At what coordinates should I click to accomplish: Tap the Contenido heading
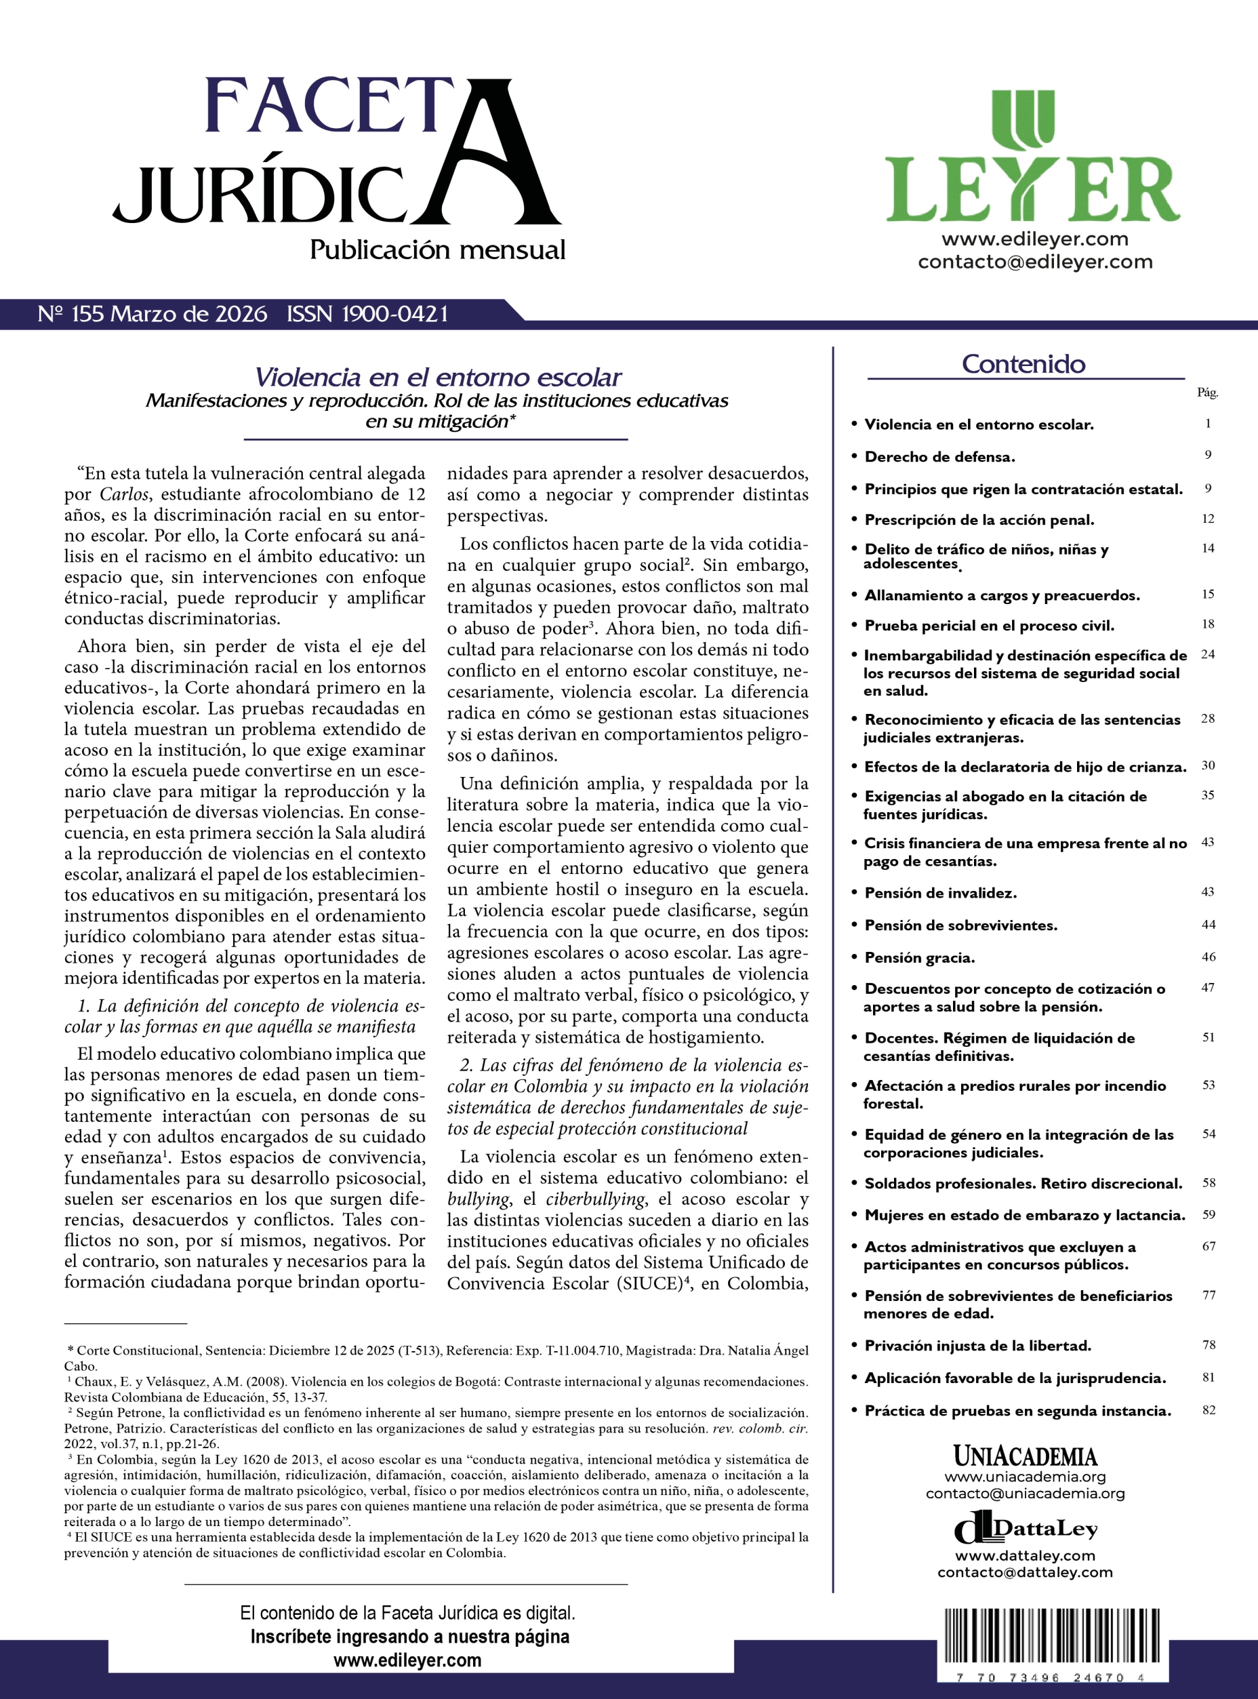coord(1023,364)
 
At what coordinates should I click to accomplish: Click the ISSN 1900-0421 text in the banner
coord(368,314)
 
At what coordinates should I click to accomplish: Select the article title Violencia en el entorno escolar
coord(437,377)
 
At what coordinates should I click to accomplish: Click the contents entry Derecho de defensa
coord(939,457)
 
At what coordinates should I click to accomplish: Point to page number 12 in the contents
coord(1208,519)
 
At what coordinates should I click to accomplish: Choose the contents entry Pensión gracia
coord(919,957)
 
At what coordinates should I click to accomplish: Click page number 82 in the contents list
coord(1209,1410)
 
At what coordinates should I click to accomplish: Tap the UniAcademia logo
coord(1025,1457)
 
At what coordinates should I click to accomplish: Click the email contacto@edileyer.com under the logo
coord(1035,262)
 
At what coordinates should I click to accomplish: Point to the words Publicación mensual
coord(437,249)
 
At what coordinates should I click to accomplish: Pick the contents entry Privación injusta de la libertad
coord(978,1346)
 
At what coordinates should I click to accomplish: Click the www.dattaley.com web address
coord(1025,1556)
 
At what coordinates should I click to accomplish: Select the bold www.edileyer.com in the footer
coord(407,1660)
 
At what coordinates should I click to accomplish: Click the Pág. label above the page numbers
coord(1207,393)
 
